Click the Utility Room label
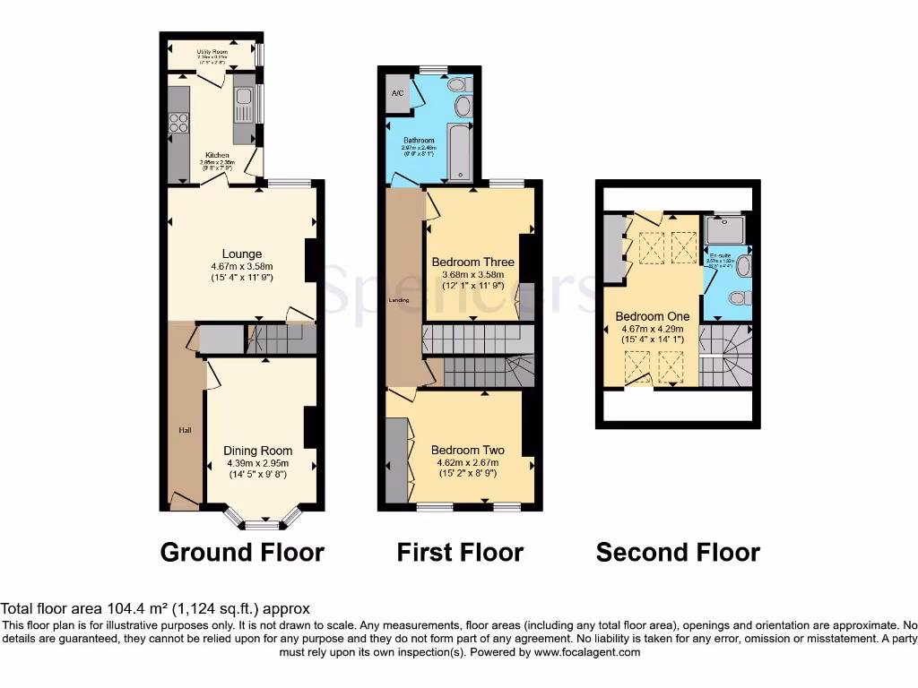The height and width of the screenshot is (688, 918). tap(212, 52)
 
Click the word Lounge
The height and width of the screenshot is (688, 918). tap(242, 254)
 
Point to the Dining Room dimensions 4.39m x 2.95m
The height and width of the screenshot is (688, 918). tap(259, 463)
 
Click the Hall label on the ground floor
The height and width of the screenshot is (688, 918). tap(185, 431)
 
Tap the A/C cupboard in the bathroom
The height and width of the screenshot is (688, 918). tap(396, 93)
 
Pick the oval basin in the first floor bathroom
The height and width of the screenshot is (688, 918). tap(463, 107)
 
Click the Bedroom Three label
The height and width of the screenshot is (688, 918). tap(472, 262)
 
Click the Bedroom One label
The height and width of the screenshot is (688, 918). tap(652, 316)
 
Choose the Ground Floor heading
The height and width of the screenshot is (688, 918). tap(242, 553)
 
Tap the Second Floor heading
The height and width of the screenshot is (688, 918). tap(678, 553)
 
